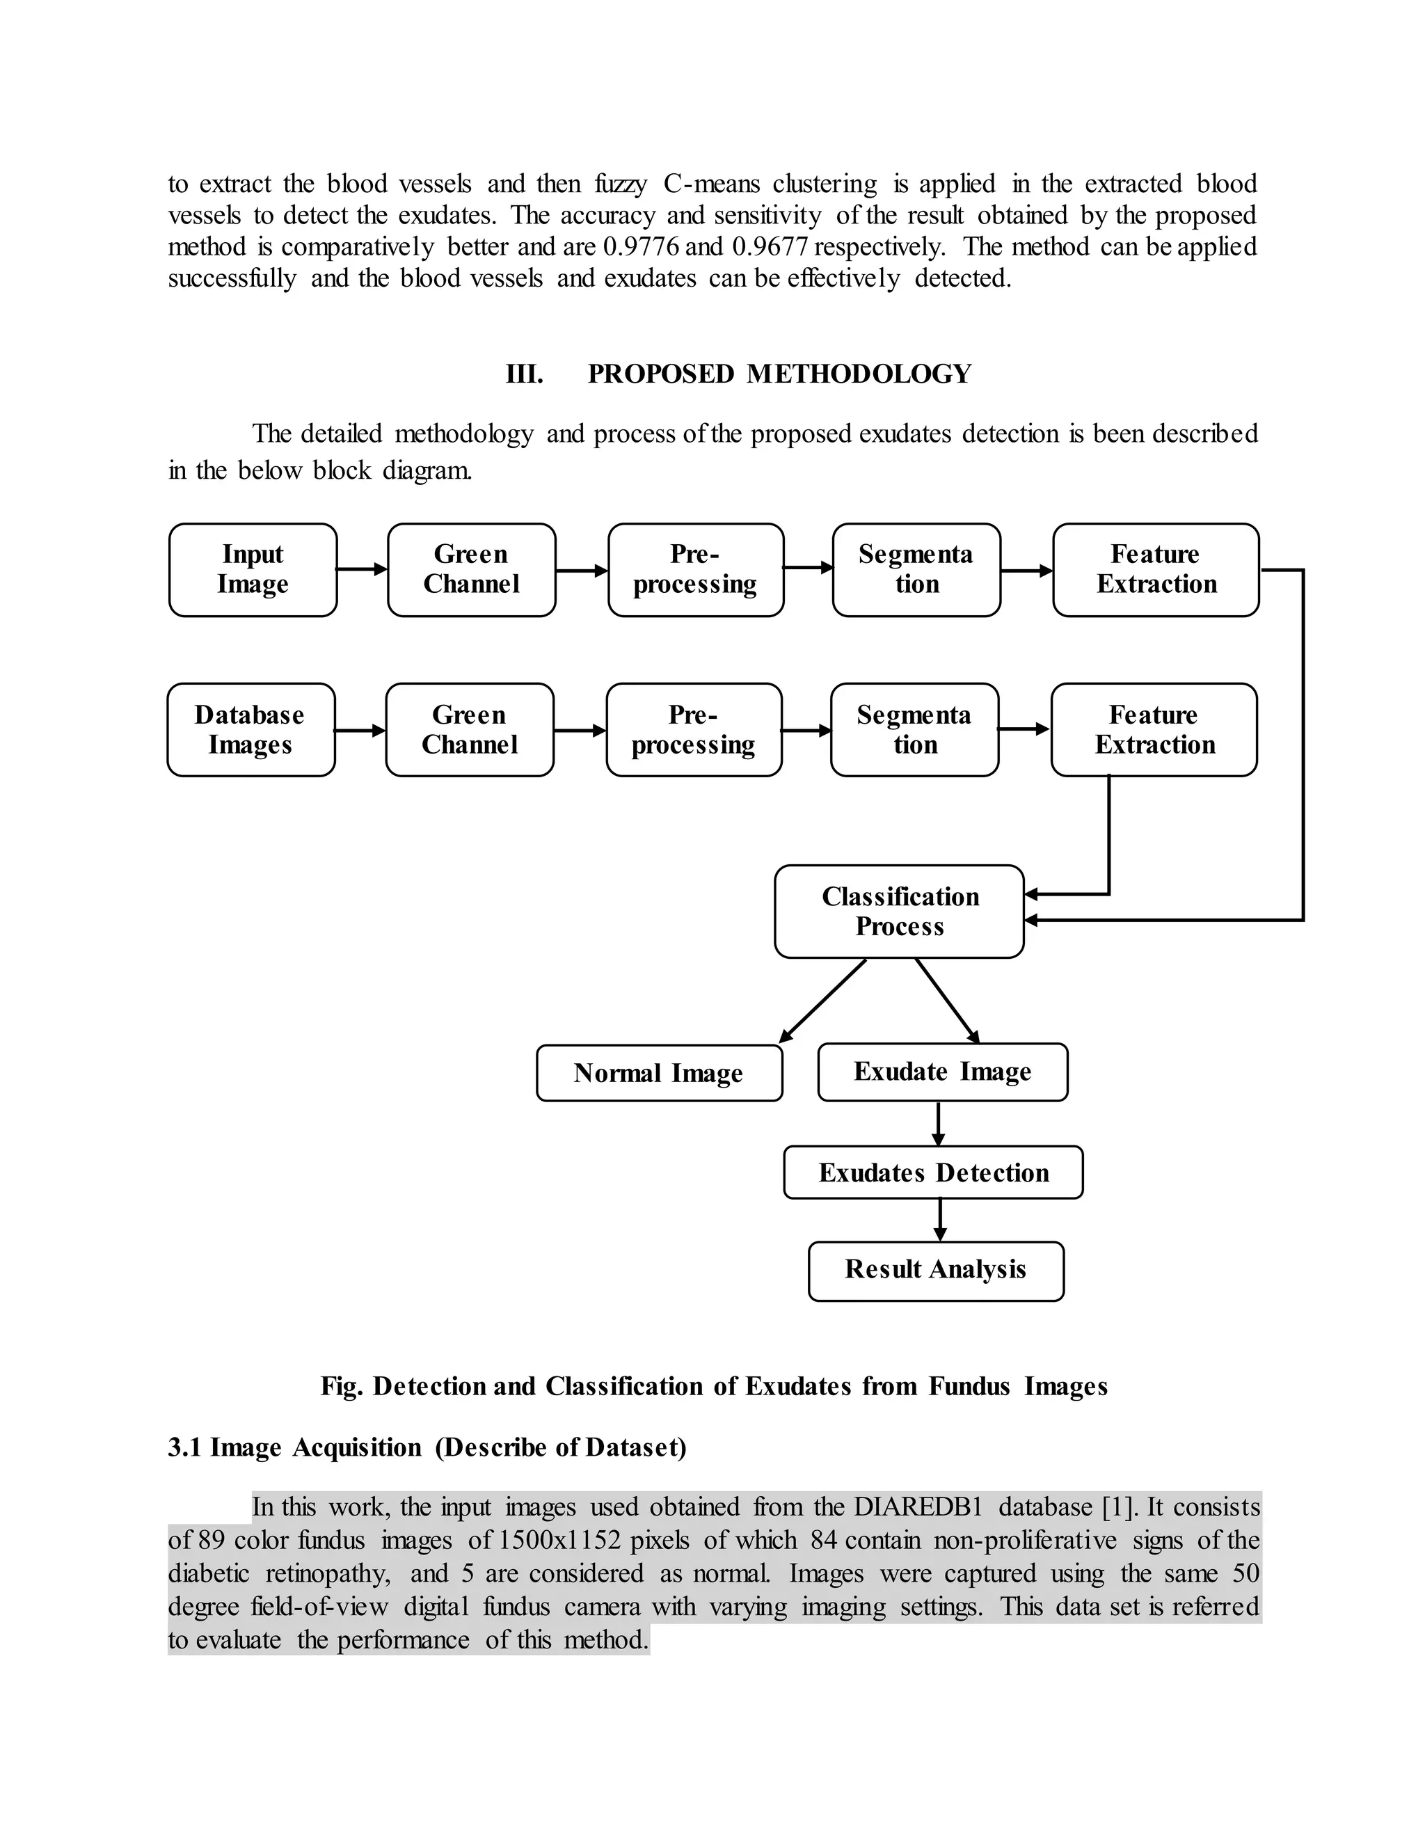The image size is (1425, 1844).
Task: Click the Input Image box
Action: (253, 569)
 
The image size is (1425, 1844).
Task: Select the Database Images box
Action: (250, 729)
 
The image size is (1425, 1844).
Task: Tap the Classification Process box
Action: (899, 911)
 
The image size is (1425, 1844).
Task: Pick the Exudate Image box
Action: (942, 1072)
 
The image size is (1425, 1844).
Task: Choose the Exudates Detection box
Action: (933, 1172)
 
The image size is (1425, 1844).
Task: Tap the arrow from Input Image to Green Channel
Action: (361, 569)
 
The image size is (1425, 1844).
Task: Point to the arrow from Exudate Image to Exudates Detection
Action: (938, 1123)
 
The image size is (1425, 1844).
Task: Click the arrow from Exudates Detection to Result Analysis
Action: (939, 1219)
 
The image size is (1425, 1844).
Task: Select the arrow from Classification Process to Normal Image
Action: (822, 1001)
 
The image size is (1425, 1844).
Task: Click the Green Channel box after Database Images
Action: (470, 729)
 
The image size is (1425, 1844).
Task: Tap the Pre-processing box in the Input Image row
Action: (695, 569)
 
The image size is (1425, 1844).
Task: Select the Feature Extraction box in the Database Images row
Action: (1154, 729)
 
